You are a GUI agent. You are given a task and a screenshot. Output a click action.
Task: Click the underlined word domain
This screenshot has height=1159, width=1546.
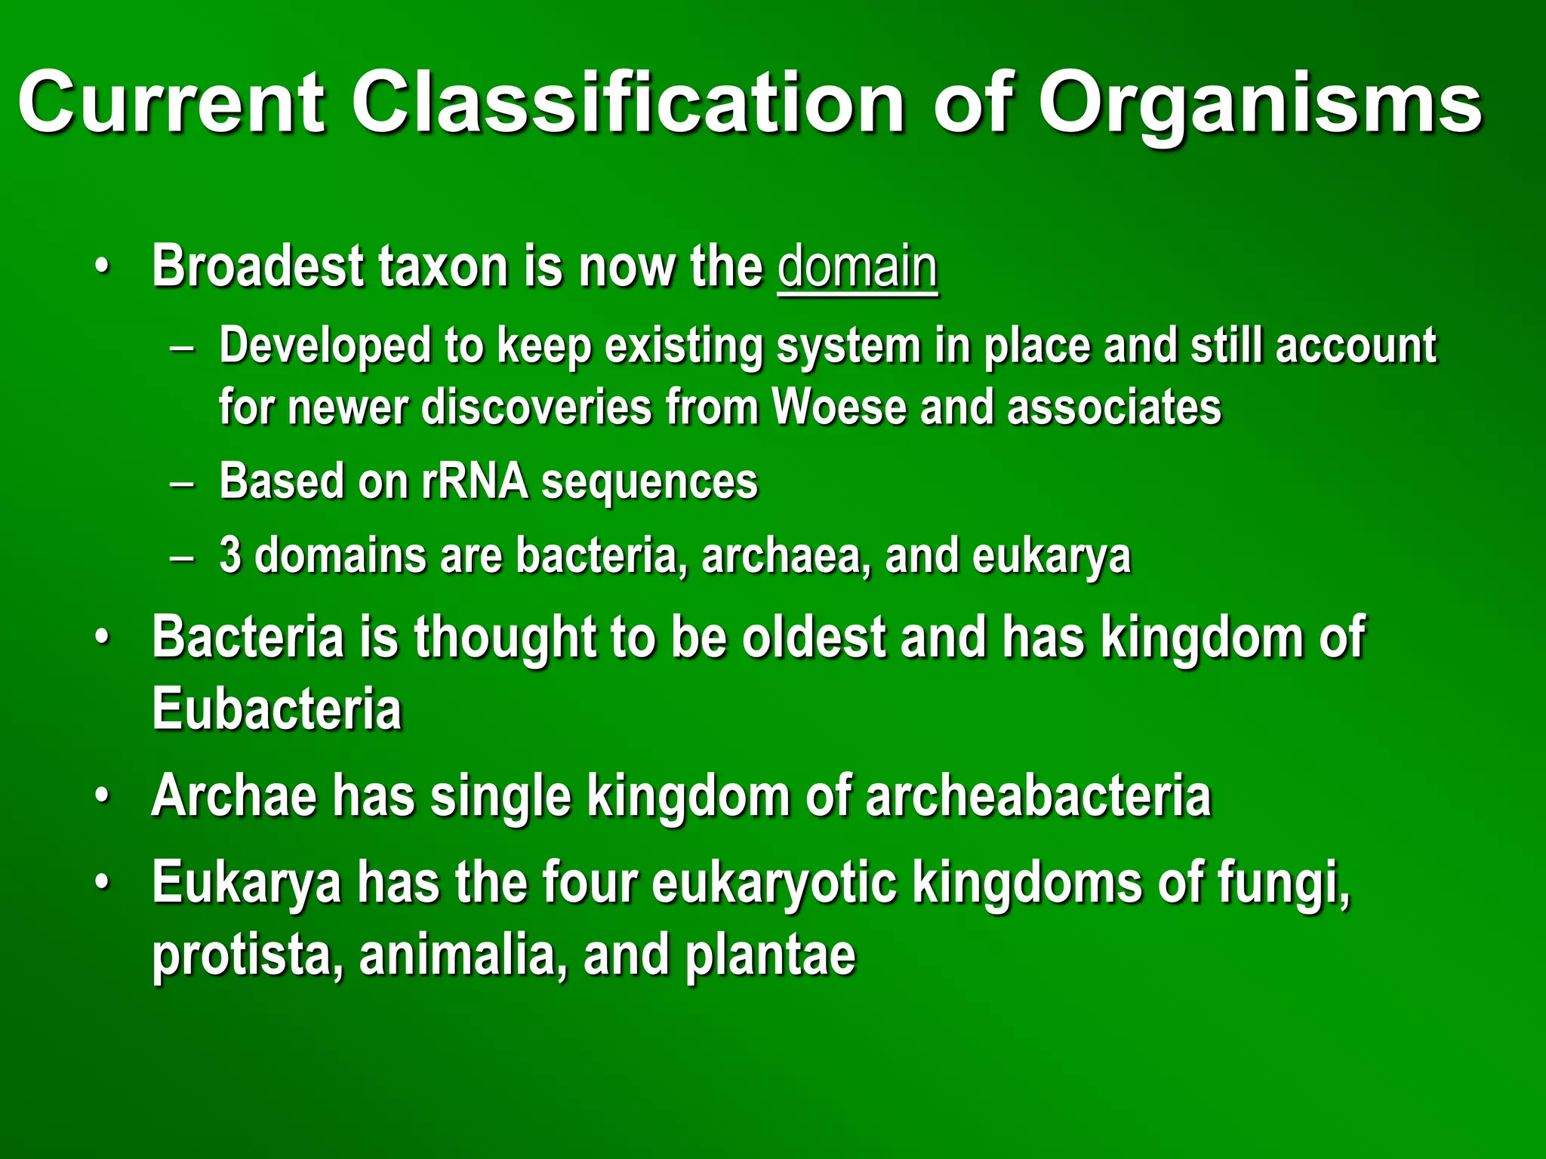858,267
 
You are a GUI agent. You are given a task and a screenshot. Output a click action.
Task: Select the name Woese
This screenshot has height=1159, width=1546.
837,407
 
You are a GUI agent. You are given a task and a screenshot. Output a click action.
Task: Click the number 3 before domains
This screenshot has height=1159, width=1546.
230,555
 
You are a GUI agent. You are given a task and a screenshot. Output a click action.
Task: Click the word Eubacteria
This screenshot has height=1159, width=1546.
277,709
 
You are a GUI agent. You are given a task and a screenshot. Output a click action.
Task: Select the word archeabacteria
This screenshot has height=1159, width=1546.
1038,796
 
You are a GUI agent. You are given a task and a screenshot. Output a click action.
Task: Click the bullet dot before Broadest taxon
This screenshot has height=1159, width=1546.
102,267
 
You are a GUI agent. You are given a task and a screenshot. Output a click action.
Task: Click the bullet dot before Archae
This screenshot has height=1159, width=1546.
102,798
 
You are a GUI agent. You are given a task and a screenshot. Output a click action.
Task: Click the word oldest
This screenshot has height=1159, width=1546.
813,638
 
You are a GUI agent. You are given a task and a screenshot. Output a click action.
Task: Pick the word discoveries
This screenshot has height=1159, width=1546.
536,407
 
